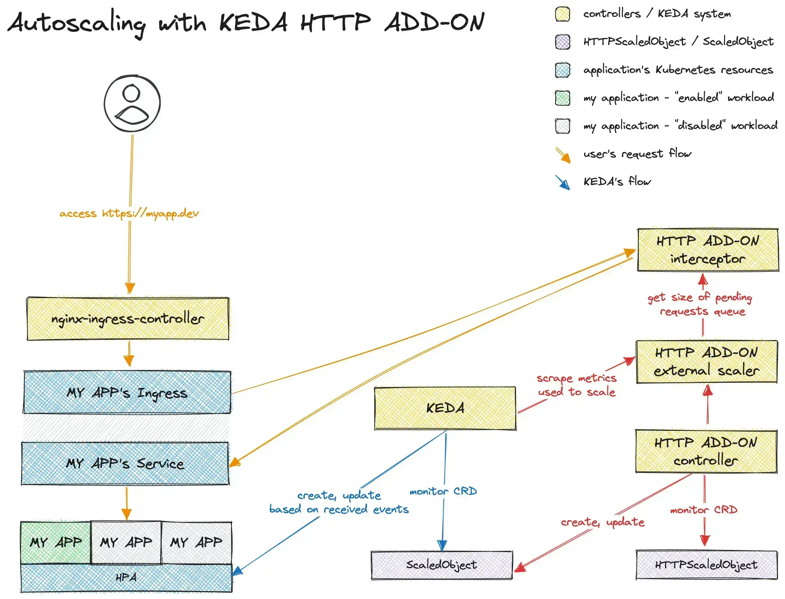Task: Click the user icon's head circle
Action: click(131, 94)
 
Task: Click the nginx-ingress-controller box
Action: click(127, 318)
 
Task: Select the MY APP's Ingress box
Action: click(127, 392)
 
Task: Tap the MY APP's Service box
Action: click(125, 463)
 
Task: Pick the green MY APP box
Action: click(56, 542)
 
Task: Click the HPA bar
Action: click(126, 577)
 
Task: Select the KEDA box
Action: click(445, 408)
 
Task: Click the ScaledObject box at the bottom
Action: click(441, 564)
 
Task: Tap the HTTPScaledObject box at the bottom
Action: click(706, 564)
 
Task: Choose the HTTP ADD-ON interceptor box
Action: click(707, 249)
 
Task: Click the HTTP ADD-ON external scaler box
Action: click(706, 362)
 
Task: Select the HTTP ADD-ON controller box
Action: click(705, 451)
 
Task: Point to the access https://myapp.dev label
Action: click(129, 213)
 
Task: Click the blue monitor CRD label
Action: click(443, 491)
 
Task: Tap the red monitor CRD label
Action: click(703, 509)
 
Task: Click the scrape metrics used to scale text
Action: click(576, 385)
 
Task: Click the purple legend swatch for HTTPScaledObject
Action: click(563, 42)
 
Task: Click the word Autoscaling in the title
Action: click(77, 23)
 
